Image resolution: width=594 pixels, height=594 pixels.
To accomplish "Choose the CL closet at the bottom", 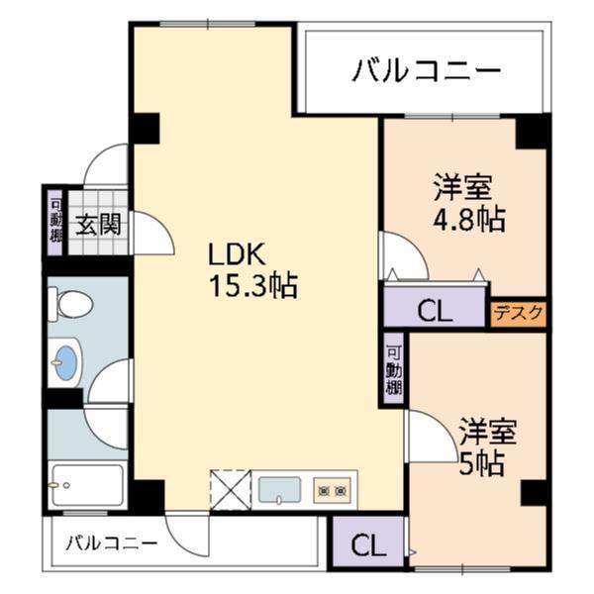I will click(x=367, y=544).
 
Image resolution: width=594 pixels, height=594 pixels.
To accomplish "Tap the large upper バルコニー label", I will click(x=426, y=70).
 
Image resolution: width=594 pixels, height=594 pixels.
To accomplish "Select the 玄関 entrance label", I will click(x=99, y=224).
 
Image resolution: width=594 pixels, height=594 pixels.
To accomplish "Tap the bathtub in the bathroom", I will click(x=87, y=485).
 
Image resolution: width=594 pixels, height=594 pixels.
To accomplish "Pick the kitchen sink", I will click(x=280, y=489).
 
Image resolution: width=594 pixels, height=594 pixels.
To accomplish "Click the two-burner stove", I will click(x=332, y=489).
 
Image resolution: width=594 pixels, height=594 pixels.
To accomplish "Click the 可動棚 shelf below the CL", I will click(x=394, y=368).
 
